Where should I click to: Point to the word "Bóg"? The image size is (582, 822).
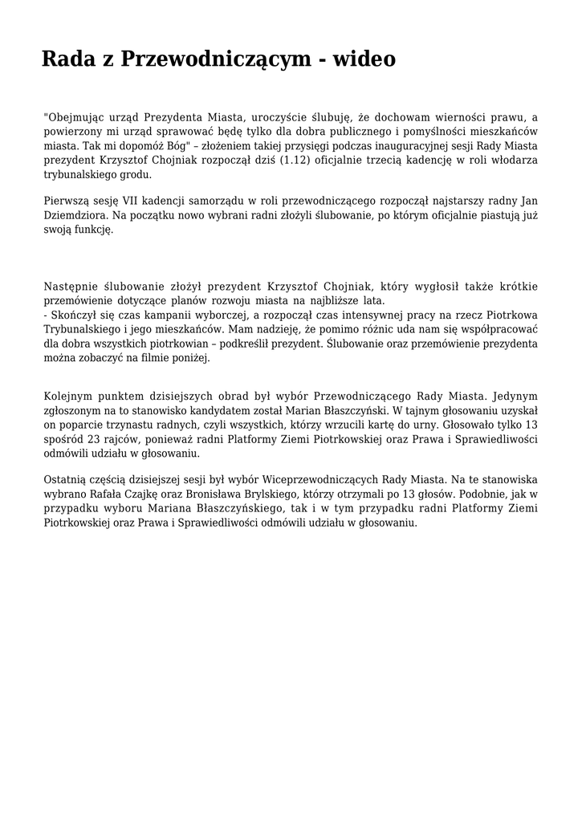(175, 146)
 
